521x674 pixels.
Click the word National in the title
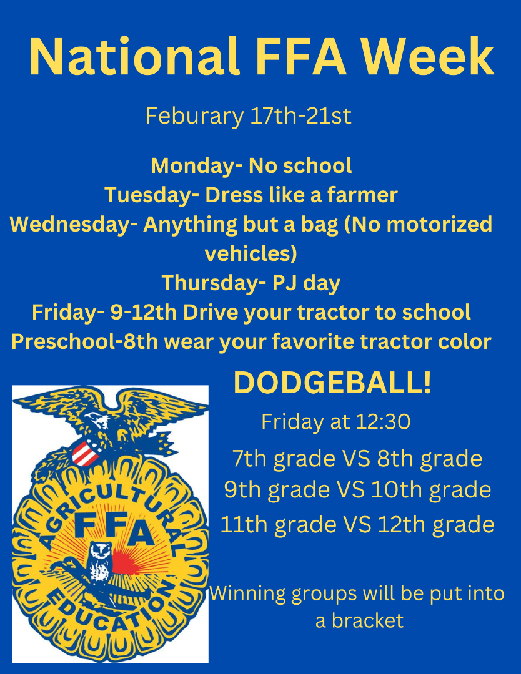pyautogui.click(x=134, y=57)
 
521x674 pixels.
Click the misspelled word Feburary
pyautogui.click(x=194, y=116)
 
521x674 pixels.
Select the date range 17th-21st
pyautogui.click(x=300, y=115)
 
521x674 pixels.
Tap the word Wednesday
pyautogui.click(x=70, y=225)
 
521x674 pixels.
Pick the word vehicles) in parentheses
pyautogui.click(x=251, y=253)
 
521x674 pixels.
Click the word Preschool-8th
pyautogui.click(x=85, y=342)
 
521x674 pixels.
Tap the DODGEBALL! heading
pyautogui.click(x=332, y=383)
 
